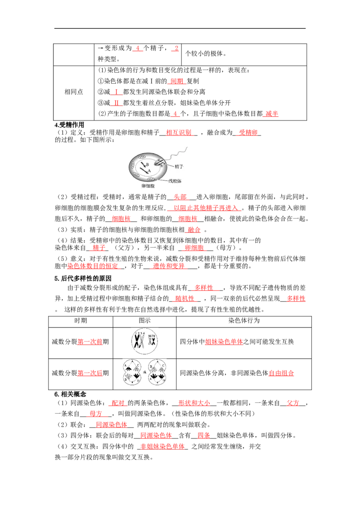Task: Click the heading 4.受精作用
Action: (x=69, y=125)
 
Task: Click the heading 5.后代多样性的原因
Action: (x=83, y=278)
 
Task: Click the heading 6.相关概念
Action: (x=70, y=394)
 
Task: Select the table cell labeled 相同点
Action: (x=74, y=92)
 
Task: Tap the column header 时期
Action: (x=81, y=321)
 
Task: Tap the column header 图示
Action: (x=144, y=321)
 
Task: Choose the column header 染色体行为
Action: (x=244, y=321)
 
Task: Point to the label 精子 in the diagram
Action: (x=179, y=166)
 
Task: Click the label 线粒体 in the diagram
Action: (x=175, y=181)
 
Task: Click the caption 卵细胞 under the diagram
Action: (x=148, y=186)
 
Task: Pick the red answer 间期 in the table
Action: (x=177, y=81)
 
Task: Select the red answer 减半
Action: (x=272, y=114)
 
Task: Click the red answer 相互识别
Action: (x=179, y=133)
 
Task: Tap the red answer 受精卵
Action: (x=248, y=133)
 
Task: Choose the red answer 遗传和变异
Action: (x=169, y=266)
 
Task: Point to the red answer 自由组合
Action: (x=281, y=373)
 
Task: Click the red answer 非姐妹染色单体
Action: (x=162, y=446)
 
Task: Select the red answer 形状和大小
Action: (x=194, y=403)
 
